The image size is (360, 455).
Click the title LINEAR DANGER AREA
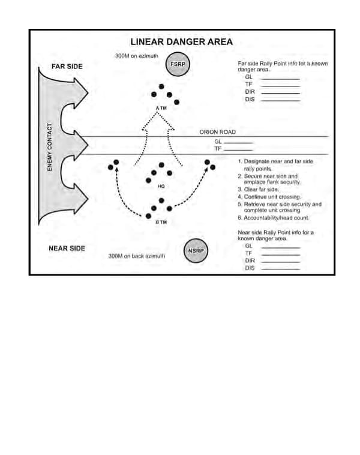click(x=181, y=42)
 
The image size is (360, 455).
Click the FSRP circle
click(x=178, y=65)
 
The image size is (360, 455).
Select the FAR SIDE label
click(x=67, y=66)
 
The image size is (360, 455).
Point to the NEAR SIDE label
click(x=66, y=248)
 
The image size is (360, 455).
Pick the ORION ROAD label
click(x=217, y=132)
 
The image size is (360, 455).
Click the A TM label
click(x=160, y=108)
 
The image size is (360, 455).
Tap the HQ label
click(x=161, y=186)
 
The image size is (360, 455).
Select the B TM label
click(x=161, y=222)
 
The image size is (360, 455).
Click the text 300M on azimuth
click(x=136, y=56)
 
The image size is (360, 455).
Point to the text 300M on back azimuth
click(x=137, y=256)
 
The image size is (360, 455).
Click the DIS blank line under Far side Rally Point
click(x=280, y=100)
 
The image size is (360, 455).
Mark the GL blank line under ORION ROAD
click(x=239, y=142)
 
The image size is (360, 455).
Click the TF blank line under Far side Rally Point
click(x=280, y=86)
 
